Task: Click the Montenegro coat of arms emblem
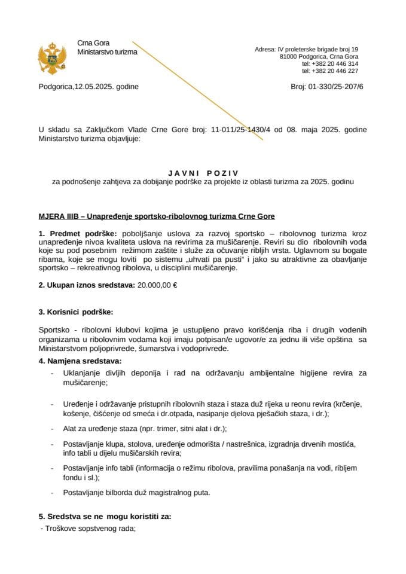(51, 57)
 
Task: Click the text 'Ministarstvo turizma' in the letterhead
(107, 52)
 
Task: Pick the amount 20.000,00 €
(157, 285)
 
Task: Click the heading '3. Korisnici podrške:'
(75, 312)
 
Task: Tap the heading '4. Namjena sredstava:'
(80, 361)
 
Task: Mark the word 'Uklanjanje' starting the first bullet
(81, 374)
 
